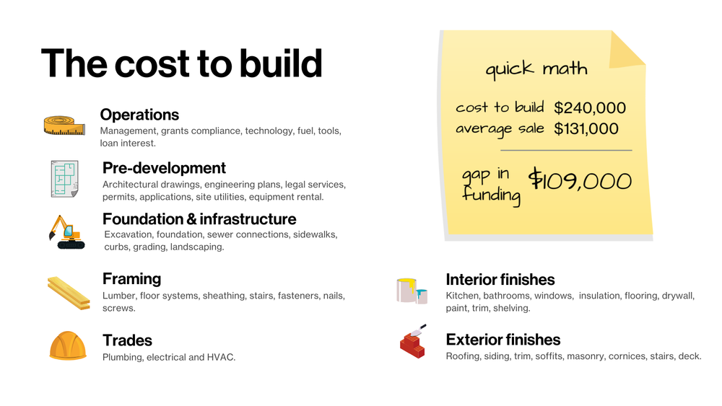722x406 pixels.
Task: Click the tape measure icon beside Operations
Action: [65, 125]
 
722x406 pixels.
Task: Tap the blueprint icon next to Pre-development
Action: [64, 178]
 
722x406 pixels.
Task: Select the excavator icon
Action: [66, 231]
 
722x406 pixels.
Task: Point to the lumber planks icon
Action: [69, 292]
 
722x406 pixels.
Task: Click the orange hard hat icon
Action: [68, 345]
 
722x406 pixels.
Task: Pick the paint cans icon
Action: [412, 290]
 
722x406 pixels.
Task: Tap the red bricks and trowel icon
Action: [412, 341]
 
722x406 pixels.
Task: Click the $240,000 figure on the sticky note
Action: [590, 108]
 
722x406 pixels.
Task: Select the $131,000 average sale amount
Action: [586, 129]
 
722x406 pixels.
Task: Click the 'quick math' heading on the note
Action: [536, 69]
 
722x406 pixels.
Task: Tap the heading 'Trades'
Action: [127, 340]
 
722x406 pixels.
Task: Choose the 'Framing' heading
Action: [131, 278]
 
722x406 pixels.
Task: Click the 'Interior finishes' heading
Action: [500, 279]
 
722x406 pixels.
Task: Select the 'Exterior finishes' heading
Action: [503, 340]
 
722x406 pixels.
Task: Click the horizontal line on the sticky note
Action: [566, 150]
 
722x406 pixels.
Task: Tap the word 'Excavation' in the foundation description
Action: [129, 234]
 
